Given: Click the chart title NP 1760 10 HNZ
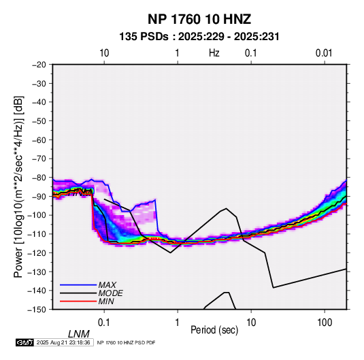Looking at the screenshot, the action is [x=199, y=19].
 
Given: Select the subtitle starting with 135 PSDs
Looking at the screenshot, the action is [x=199, y=37].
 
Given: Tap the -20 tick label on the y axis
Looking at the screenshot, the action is [x=39, y=65].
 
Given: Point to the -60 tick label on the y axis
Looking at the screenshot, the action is [x=39, y=140].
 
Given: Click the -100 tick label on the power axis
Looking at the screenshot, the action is [x=37, y=215].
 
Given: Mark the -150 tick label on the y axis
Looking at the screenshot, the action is [x=37, y=310].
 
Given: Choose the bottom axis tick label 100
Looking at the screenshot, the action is [x=325, y=323].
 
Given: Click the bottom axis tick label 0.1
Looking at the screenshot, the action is [x=104, y=323].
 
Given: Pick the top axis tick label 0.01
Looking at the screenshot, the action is [x=324, y=53].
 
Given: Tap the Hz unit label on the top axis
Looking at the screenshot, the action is [x=214, y=53].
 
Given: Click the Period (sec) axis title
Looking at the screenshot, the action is [x=214, y=330].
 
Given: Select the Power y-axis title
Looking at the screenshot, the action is [x=18, y=187].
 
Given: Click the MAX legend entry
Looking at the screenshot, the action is [x=107, y=285].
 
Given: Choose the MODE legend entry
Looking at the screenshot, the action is [x=110, y=293].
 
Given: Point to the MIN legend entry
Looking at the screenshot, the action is [x=106, y=301].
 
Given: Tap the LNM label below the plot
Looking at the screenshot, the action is [x=78, y=334].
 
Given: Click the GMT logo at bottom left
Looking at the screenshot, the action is [x=24, y=342].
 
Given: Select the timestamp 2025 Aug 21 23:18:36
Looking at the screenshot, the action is [x=63, y=342].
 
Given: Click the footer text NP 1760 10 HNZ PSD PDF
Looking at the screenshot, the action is [x=126, y=342].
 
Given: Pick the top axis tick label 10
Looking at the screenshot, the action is [x=104, y=53].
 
